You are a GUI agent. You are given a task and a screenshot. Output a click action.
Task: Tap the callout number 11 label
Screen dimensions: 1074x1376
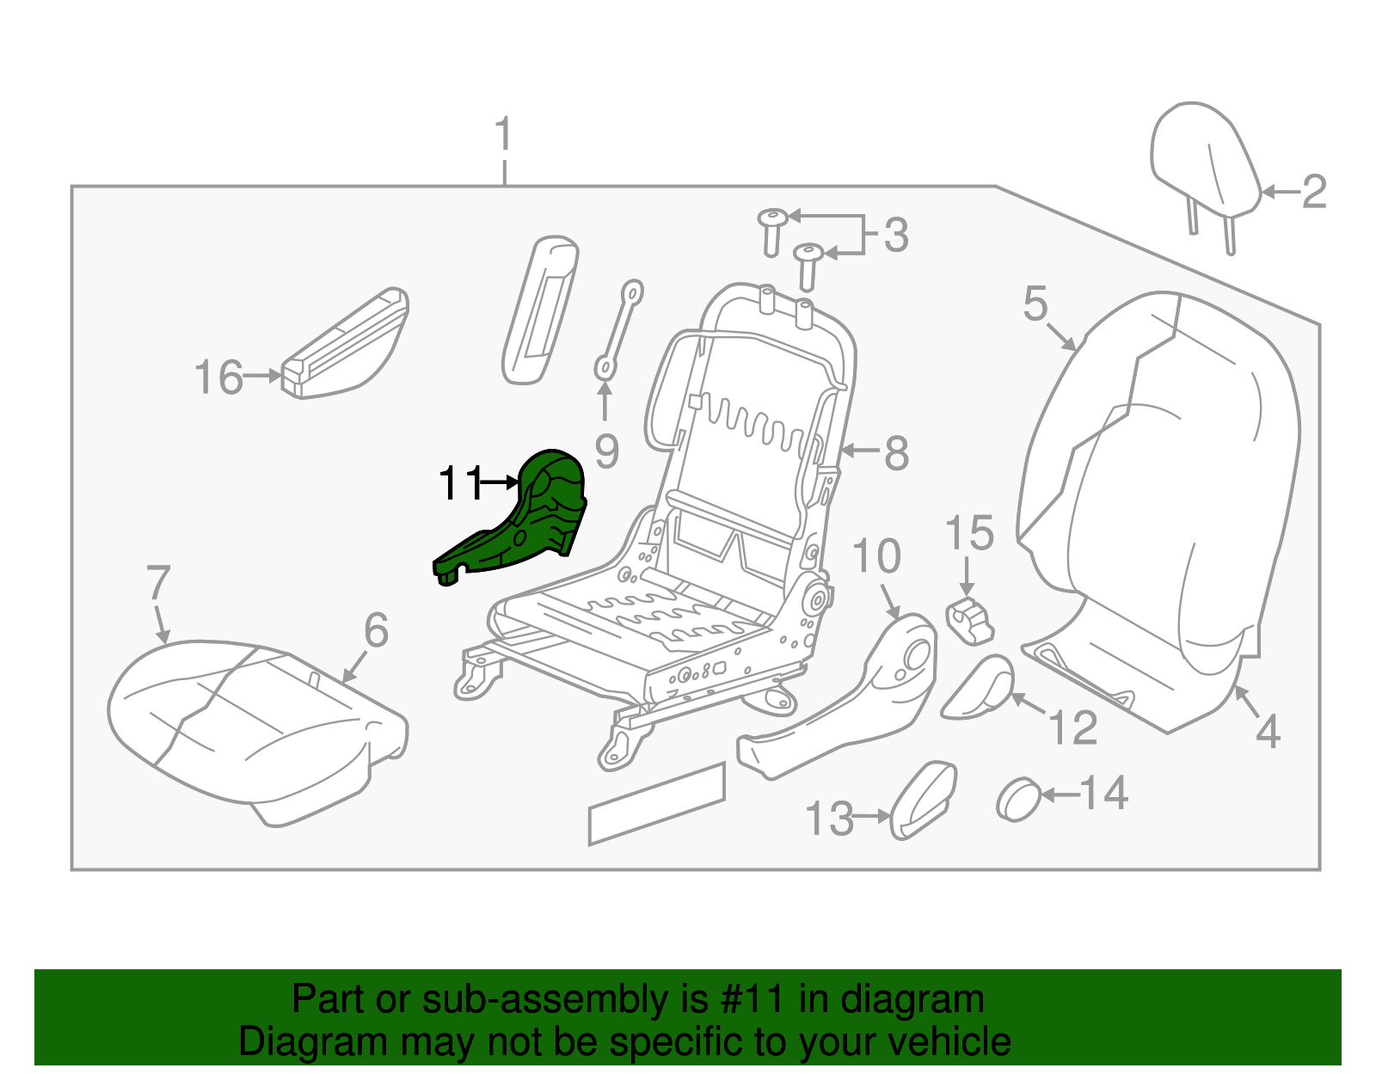[460, 484]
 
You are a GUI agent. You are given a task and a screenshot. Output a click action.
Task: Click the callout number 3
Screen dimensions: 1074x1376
[896, 235]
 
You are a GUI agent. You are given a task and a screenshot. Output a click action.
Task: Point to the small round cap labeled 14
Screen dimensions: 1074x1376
[1018, 800]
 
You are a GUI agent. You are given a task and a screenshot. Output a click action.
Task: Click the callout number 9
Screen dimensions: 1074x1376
[606, 451]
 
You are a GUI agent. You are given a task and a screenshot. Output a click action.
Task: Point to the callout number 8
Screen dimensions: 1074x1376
[896, 452]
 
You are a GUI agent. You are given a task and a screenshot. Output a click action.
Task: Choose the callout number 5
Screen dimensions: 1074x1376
[1035, 304]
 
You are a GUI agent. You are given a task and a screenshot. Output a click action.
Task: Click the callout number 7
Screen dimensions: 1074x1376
[158, 583]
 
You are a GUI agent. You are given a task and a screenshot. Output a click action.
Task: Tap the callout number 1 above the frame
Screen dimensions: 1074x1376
[504, 135]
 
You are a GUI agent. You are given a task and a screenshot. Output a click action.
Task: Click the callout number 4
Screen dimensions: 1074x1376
[1268, 732]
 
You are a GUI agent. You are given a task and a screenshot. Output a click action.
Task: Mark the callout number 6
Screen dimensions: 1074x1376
[376, 630]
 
